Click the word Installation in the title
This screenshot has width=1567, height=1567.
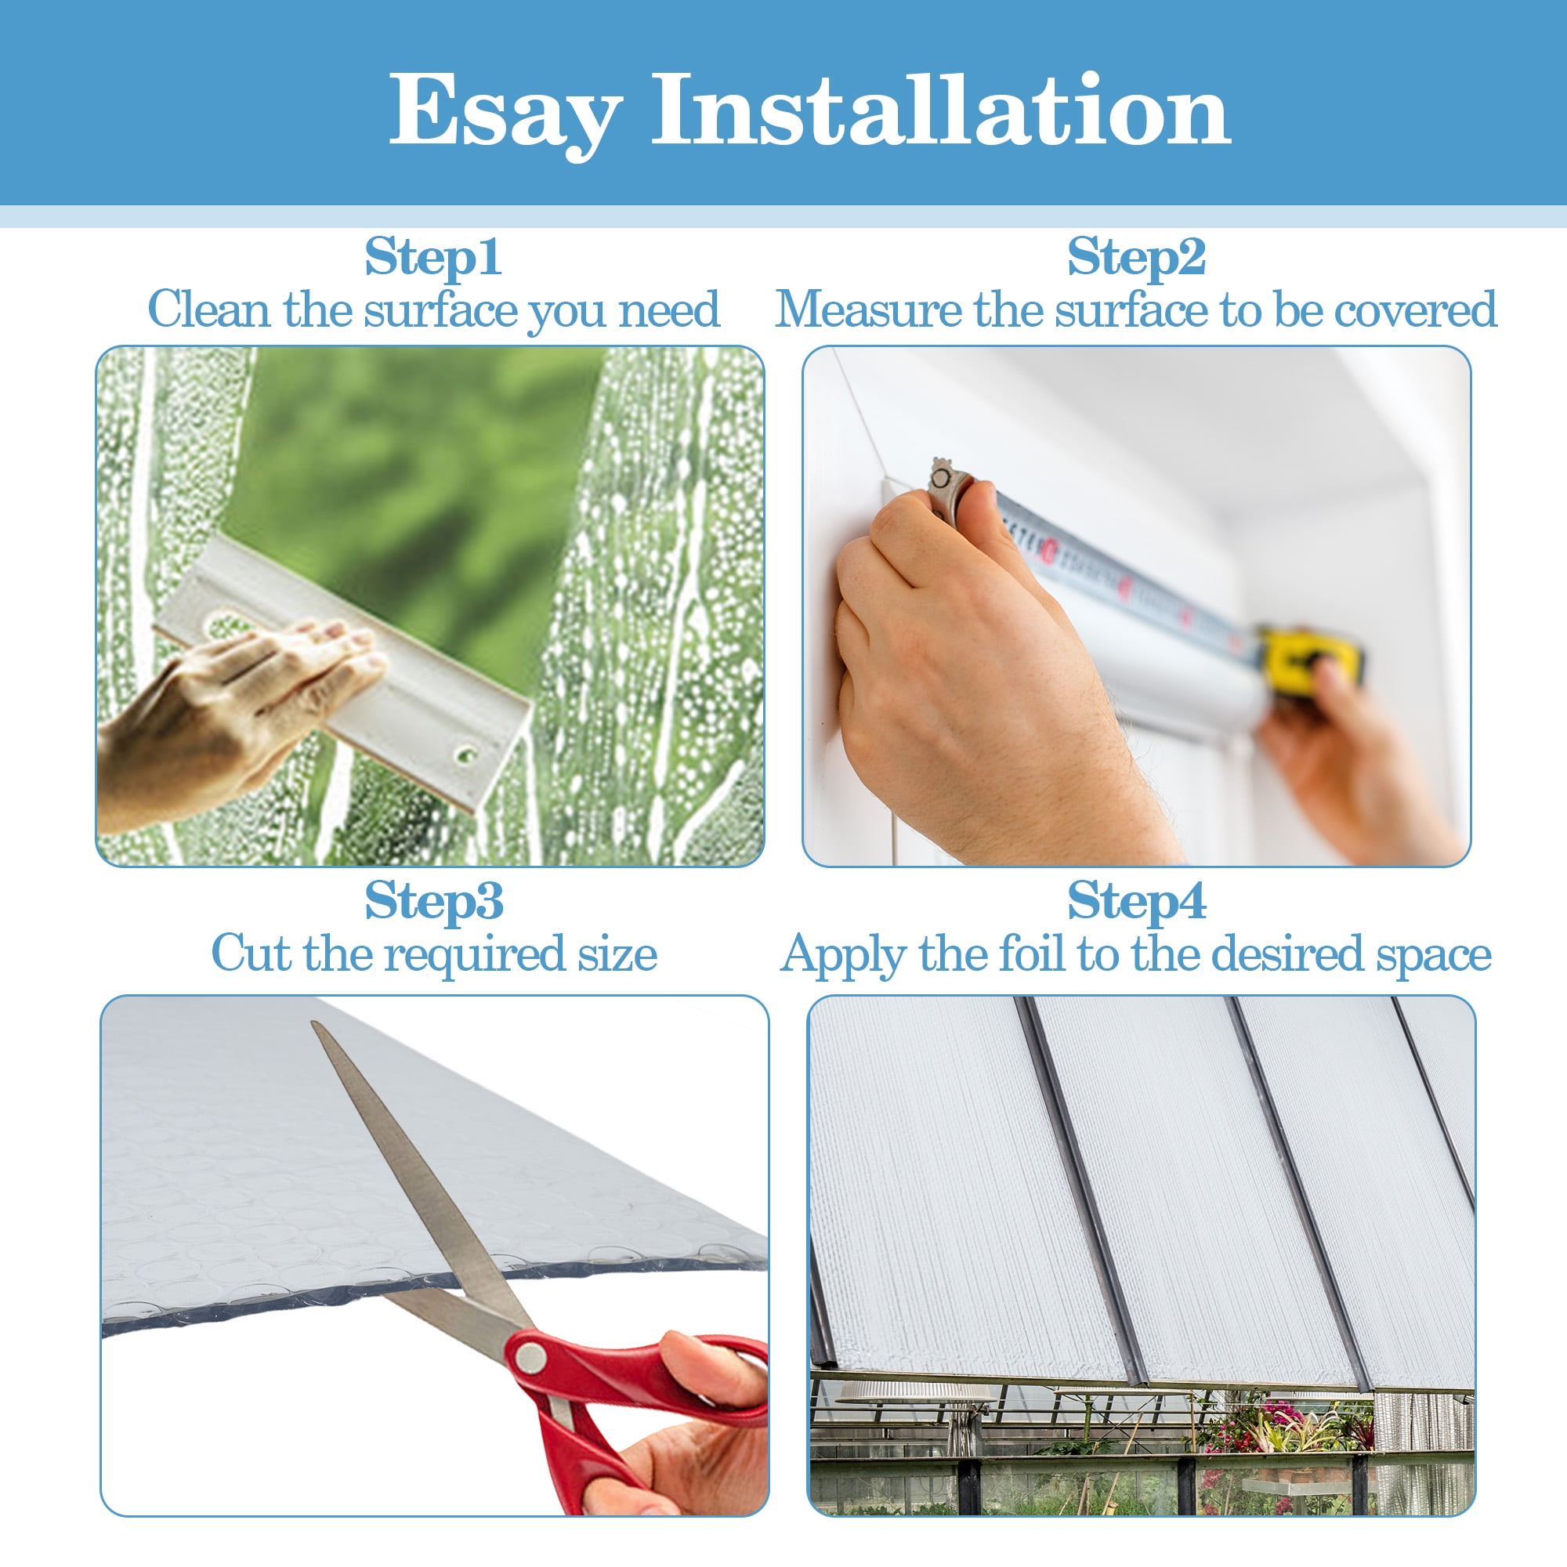click(942, 109)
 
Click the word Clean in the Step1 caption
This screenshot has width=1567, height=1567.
click(209, 309)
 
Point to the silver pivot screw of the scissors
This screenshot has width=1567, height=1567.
click(530, 1356)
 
